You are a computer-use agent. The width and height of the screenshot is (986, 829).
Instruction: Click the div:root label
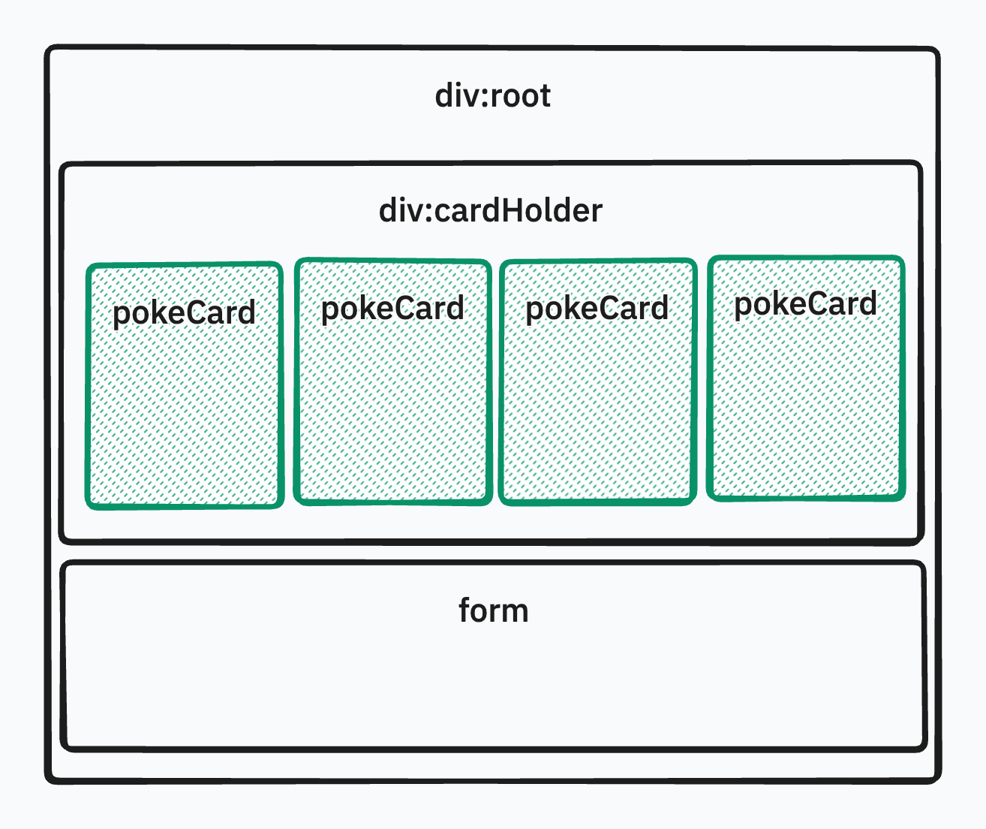click(493, 96)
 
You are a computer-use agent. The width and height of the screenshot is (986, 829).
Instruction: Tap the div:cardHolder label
click(491, 211)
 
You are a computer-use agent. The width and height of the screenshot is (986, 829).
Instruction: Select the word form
click(494, 610)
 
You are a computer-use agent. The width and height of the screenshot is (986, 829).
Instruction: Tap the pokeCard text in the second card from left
click(392, 309)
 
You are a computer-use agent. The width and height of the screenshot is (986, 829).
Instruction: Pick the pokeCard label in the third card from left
click(597, 309)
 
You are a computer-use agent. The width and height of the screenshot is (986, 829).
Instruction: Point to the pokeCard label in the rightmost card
click(805, 304)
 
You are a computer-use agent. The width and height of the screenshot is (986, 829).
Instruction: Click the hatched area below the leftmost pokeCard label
click(185, 421)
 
